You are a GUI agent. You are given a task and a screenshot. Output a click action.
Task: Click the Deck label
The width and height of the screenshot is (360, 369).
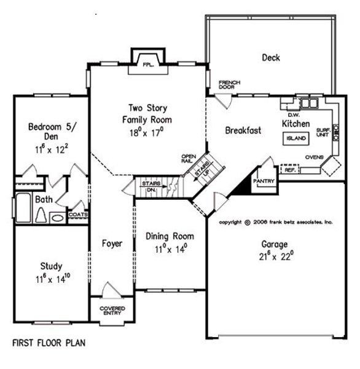click(271, 58)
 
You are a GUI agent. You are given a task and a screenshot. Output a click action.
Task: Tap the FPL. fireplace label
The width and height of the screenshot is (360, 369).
click(147, 64)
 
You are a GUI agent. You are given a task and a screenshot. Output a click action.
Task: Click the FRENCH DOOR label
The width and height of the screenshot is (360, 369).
click(229, 85)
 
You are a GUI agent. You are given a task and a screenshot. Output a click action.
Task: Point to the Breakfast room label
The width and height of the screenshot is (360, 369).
click(243, 130)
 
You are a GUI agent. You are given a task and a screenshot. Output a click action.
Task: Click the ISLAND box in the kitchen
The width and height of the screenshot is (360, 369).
click(295, 139)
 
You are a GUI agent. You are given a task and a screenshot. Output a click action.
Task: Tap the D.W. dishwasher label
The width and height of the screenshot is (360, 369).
click(293, 114)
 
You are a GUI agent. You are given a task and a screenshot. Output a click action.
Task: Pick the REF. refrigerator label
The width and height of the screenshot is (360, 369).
click(290, 170)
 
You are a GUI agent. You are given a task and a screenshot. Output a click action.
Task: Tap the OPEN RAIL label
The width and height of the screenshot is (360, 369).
click(189, 159)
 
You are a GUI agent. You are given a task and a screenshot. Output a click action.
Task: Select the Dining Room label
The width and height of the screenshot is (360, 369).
click(170, 236)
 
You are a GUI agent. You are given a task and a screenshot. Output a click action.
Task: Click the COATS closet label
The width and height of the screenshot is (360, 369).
click(78, 215)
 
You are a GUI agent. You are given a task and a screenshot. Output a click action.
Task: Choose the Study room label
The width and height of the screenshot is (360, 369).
click(51, 266)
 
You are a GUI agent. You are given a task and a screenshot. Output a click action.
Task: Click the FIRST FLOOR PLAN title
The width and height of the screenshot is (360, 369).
click(49, 341)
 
